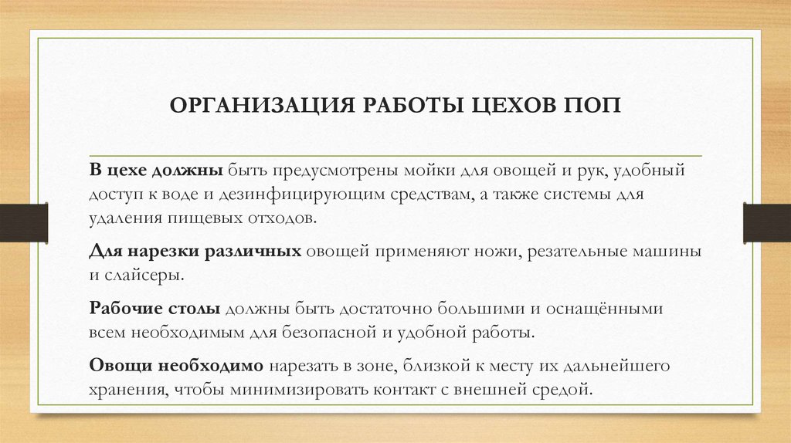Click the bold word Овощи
coord(118,366)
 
